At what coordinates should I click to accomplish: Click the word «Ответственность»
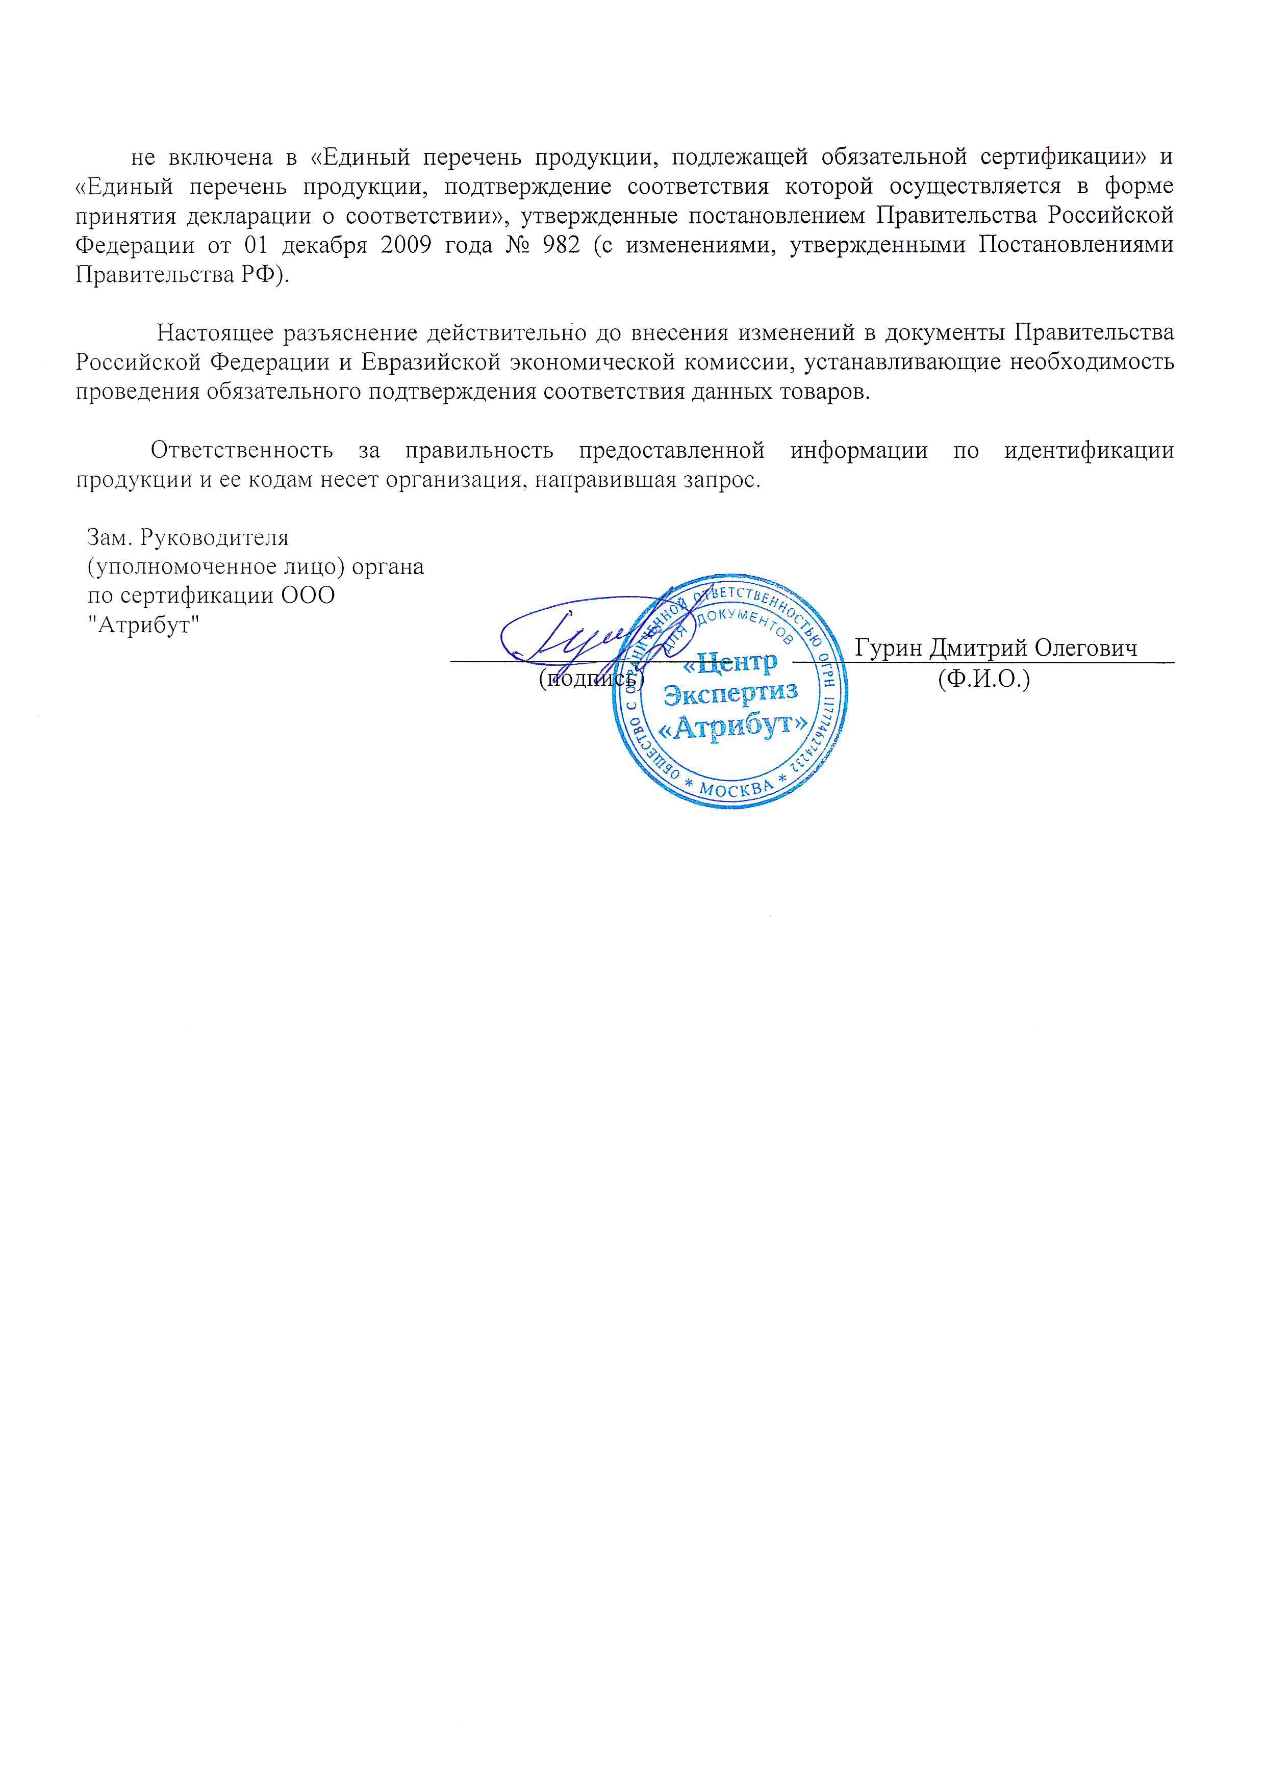point(241,450)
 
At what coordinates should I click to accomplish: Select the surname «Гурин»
point(888,648)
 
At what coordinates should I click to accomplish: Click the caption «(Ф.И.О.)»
point(984,680)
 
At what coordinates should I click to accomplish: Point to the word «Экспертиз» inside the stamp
point(730,693)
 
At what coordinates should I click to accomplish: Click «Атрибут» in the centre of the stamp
point(730,728)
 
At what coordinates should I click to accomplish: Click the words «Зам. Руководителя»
point(188,537)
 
